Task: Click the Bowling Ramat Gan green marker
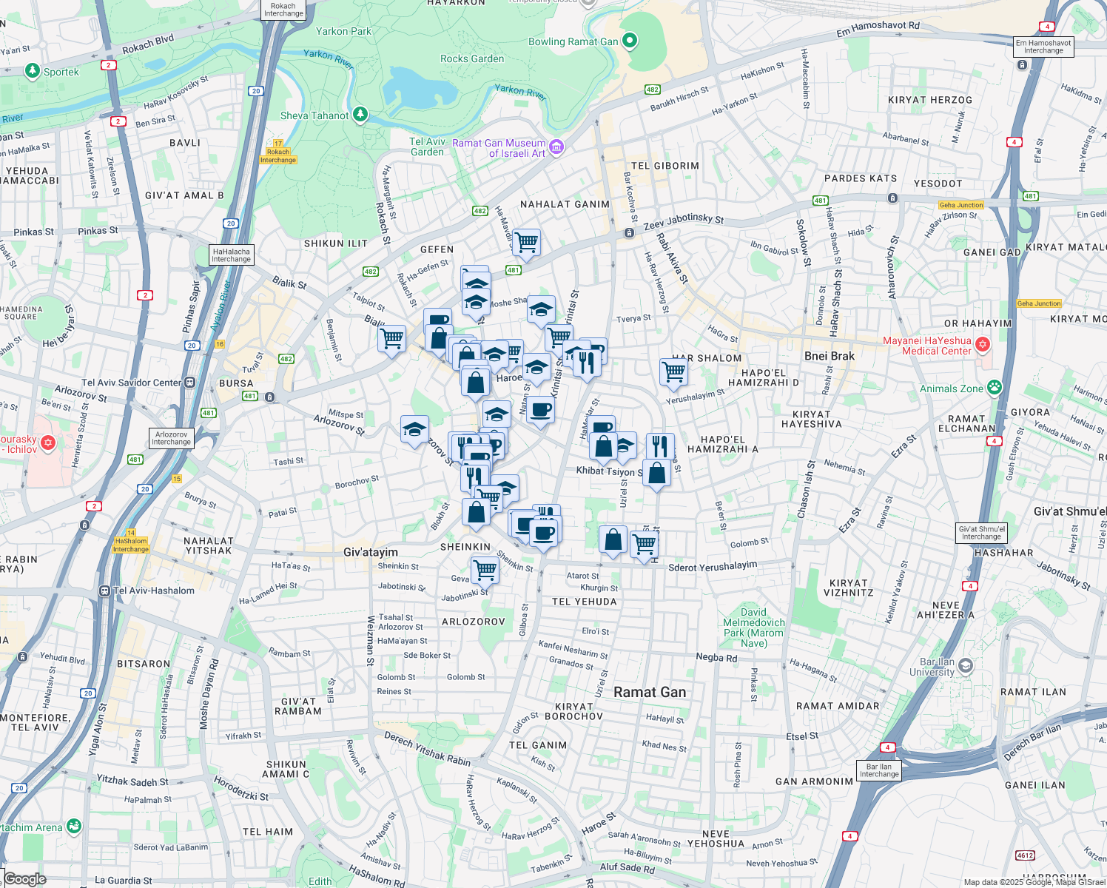pos(630,41)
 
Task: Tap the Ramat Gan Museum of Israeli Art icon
pos(556,147)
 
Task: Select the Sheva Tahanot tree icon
pos(360,114)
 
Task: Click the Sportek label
pos(61,72)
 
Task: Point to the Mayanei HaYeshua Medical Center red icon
pos(983,344)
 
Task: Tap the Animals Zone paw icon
pos(995,387)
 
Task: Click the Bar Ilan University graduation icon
pos(965,666)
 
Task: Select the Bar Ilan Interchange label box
pos(879,770)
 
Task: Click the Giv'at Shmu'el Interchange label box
pos(981,533)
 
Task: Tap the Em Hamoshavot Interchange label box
pos(1043,47)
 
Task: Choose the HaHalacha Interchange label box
pos(231,255)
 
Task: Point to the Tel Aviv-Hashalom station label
pos(154,591)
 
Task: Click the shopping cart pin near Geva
pos(485,570)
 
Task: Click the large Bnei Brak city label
pos(829,356)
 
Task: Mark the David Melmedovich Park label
pos(753,628)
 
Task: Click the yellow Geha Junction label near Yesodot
pos(960,205)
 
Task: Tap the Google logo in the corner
pos(25,879)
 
